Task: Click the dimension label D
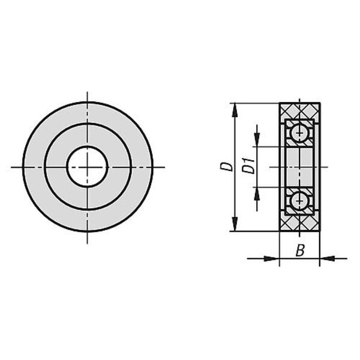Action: [226, 167]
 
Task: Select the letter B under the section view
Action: [300, 250]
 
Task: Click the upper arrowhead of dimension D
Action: [235, 110]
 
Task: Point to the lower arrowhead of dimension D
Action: [235, 224]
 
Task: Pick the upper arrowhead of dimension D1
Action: [257, 140]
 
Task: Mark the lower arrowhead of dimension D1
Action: [257, 194]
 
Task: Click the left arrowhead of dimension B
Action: [272, 259]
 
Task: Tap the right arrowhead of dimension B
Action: [327, 259]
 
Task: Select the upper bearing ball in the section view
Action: [299, 133]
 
